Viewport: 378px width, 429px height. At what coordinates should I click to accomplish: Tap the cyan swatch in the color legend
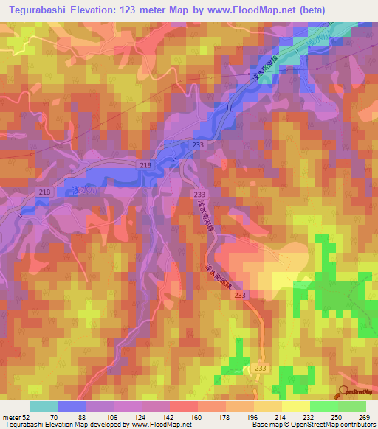pyautogui.click(x=44, y=406)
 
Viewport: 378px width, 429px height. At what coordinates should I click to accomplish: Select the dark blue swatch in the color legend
pyautogui.click(x=72, y=406)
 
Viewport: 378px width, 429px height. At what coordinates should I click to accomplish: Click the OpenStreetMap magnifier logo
pyautogui.click(x=345, y=392)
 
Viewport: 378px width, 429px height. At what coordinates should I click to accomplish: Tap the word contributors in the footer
pyautogui.click(x=354, y=425)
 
